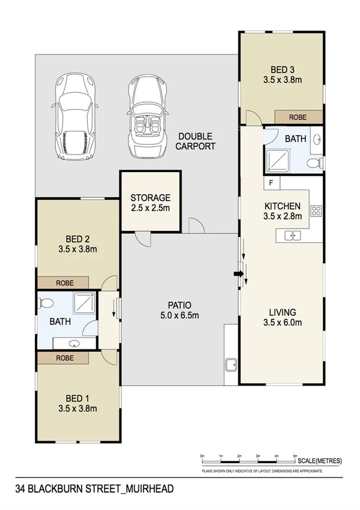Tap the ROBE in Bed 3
click(299, 117)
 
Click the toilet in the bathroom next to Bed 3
click(313, 163)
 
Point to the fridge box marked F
click(271, 182)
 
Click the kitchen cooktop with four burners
click(316, 211)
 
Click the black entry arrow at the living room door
click(238, 275)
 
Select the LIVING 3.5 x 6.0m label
click(282, 317)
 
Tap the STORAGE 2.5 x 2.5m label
click(150, 203)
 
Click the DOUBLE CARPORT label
click(195, 141)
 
